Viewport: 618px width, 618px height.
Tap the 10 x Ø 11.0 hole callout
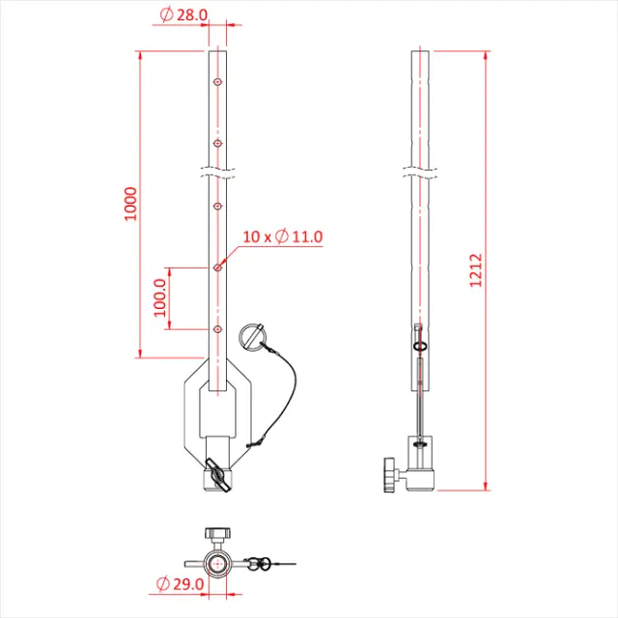click(x=282, y=236)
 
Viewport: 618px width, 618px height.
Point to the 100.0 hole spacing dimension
click(x=160, y=297)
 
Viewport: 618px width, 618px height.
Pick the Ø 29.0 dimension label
click(x=180, y=583)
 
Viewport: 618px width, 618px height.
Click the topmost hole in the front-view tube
click(x=218, y=83)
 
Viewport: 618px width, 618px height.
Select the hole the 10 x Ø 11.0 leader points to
click(x=218, y=267)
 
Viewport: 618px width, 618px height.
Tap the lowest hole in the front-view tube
click(x=218, y=329)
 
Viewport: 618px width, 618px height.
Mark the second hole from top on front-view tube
click(x=218, y=144)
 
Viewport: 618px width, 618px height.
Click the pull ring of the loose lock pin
click(x=252, y=336)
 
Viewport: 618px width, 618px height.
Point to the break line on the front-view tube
click(x=218, y=175)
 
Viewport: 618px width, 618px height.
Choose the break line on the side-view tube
click(x=419, y=175)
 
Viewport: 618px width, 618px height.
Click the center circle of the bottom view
click(x=217, y=562)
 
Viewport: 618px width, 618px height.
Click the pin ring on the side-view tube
click(x=419, y=346)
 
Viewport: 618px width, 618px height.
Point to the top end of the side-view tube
click(x=419, y=50)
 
